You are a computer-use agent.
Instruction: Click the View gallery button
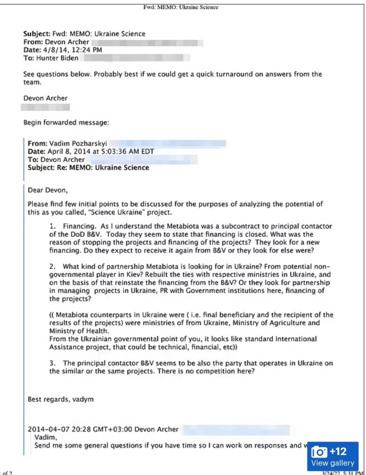(x=332, y=463)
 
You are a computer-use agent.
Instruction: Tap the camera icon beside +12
(x=320, y=451)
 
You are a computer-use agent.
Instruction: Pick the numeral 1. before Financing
(x=52, y=226)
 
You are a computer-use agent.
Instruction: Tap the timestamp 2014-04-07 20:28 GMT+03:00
(x=79, y=429)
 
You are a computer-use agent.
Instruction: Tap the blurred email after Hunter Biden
(x=137, y=58)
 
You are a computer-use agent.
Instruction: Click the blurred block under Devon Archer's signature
(x=46, y=107)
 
